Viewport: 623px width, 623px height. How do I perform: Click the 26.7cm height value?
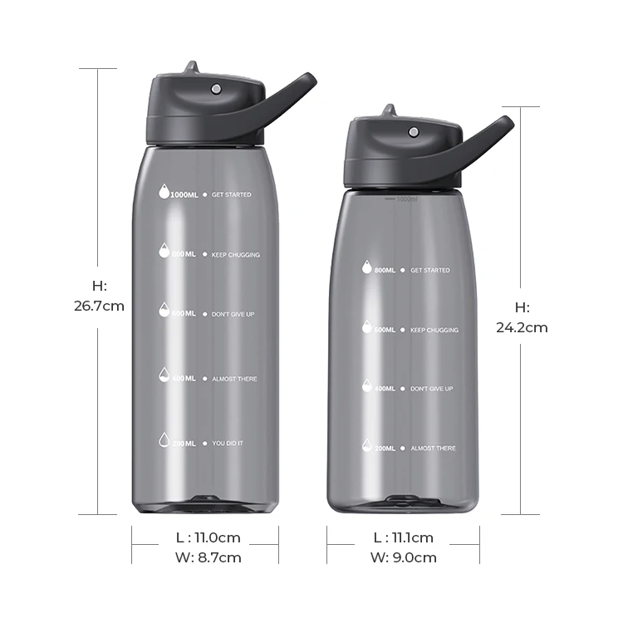click(x=99, y=306)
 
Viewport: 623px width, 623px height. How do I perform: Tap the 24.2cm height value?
click(x=522, y=327)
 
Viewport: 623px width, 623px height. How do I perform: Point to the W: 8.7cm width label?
click(x=205, y=557)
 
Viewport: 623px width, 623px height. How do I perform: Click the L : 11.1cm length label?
click(x=403, y=538)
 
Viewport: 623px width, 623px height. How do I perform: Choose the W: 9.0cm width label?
click(x=403, y=557)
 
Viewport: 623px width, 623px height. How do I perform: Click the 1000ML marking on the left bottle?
click(x=184, y=195)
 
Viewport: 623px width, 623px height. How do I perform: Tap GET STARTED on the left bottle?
click(x=231, y=195)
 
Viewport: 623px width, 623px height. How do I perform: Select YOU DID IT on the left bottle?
click(x=228, y=444)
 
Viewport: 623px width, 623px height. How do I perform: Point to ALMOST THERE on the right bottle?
click(x=433, y=449)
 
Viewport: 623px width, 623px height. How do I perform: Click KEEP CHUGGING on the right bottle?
click(x=434, y=330)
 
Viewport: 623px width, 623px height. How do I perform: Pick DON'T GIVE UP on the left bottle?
click(x=232, y=314)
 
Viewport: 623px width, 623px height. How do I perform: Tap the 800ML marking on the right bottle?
click(x=384, y=270)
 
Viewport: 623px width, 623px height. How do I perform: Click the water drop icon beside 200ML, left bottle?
click(x=164, y=442)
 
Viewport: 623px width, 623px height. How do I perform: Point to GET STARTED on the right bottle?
click(x=429, y=270)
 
